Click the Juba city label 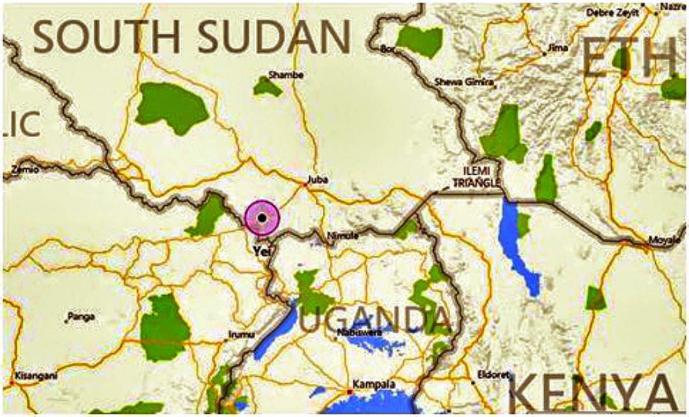point(317,180)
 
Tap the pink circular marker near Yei point(262,218)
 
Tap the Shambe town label point(286,75)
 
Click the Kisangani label point(36,376)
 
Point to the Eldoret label point(493,376)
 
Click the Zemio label point(25,170)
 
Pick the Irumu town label point(241,334)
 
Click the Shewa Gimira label point(464,82)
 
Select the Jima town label point(558,47)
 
